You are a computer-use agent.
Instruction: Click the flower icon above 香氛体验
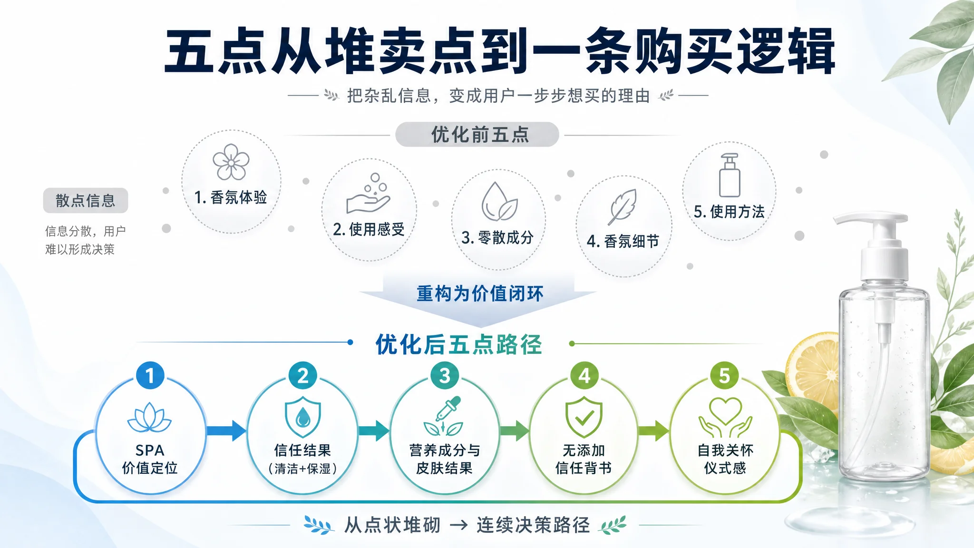(231, 162)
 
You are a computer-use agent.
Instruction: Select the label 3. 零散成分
(497, 237)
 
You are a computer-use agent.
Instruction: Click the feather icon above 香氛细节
(622, 206)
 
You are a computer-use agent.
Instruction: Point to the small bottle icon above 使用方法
(730, 175)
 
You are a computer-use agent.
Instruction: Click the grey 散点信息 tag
(86, 200)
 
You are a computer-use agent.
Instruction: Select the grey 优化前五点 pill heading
(477, 135)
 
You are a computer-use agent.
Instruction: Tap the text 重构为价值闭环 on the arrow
(480, 294)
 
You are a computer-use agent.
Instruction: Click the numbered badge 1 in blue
(150, 375)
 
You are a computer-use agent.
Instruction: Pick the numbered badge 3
(445, 375)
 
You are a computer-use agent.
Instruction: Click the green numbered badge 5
(724, 375)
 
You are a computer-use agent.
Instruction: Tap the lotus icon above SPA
(150, 418)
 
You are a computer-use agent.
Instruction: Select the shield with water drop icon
(303, 417)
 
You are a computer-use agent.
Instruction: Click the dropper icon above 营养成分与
(444, 416)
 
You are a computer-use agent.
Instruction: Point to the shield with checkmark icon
(584, 417)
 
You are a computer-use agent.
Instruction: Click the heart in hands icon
(725, 417)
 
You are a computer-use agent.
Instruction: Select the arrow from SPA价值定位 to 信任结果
(226, 431)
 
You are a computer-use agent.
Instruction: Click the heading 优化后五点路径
(459, 344)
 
